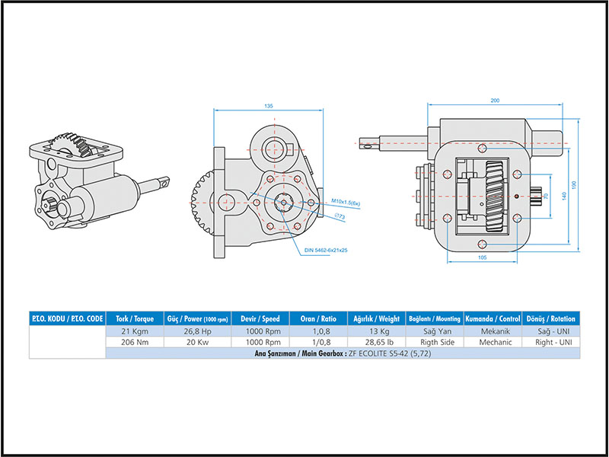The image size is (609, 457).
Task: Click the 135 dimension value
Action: pos(268,107)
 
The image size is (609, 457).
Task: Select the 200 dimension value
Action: pos(495,101)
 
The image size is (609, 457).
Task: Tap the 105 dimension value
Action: pos(482,257)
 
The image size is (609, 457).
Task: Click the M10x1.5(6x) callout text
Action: pos(346,202)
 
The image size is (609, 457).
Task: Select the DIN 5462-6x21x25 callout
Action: pos(326,250)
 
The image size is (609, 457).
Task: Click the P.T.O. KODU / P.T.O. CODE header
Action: pos(66,318)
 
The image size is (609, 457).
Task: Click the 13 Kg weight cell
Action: pos(374,331)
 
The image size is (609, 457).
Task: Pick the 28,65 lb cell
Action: pos(374,343)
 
